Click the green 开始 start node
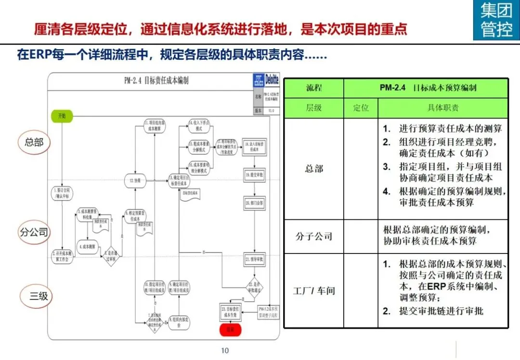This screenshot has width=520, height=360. click(x=62, y=116)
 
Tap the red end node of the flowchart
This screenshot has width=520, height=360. click(x=230, y=330)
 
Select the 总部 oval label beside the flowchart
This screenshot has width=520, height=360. click(x=34, y=142)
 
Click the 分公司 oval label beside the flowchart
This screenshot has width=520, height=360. click(x=34, y=233)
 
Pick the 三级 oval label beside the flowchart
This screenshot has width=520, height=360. click(x=39, y=295)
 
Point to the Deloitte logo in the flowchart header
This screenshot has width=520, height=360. click(x=272, y=80)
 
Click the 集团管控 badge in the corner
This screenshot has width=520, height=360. click(x=496, y=20)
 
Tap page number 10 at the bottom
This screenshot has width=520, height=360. click(x=225, y=350)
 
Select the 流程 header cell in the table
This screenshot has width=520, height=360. click(x=314, y=88)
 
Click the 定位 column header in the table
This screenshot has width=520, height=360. click(x=361, y=108)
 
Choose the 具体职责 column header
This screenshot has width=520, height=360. click(x=442, y=108)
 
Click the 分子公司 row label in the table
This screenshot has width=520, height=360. click(x=314, y=236)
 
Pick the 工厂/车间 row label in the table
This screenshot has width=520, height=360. click(x=314, y=291)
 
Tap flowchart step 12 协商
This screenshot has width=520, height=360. click(x=135, y=181)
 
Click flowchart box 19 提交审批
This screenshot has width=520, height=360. click(x=254, y=175)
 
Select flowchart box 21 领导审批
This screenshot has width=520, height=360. click(x=254, y=259)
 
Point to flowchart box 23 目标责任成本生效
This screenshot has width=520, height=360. click(x=230, y=311)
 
